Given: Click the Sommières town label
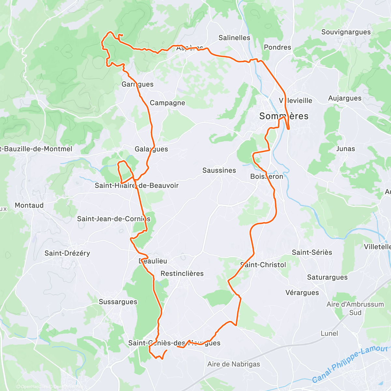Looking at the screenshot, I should (283, 116).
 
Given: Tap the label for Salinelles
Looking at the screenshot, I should (234, 38).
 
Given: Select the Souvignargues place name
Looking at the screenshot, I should (346, 32).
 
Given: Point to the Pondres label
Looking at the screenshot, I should (277, 47).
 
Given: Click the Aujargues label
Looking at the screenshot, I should (344, 98).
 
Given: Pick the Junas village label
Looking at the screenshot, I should (345, 149).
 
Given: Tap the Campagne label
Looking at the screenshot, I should (167, 103).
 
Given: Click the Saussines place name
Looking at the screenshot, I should (219, 170).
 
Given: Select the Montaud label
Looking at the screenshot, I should (29, 205).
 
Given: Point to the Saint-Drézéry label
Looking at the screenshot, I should (67, 253).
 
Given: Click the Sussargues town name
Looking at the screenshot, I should (118, 302).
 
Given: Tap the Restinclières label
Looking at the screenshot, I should (182, 274).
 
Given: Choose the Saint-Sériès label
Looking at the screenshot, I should (312, 252).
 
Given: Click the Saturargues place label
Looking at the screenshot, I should (327, 277).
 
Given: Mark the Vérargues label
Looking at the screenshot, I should (302, 293).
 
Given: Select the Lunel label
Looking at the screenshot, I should (329, 333).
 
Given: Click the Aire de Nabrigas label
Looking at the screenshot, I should (234, 364).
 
